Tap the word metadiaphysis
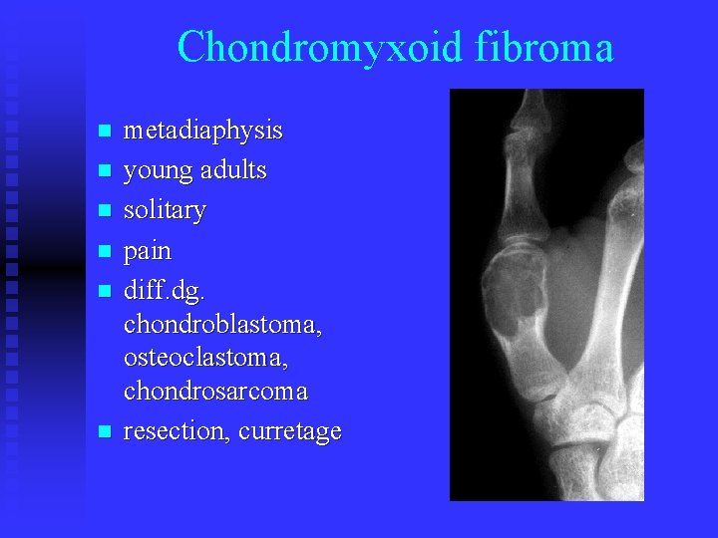click(202, 131)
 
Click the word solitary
click(165, 210)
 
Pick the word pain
click(147, 250)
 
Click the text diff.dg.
click(164, 291)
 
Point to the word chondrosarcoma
click(215, 392)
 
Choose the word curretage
click(290, 432)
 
